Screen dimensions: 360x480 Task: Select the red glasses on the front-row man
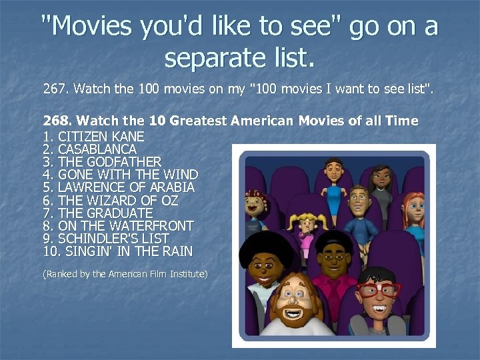[x=377, y=289]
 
